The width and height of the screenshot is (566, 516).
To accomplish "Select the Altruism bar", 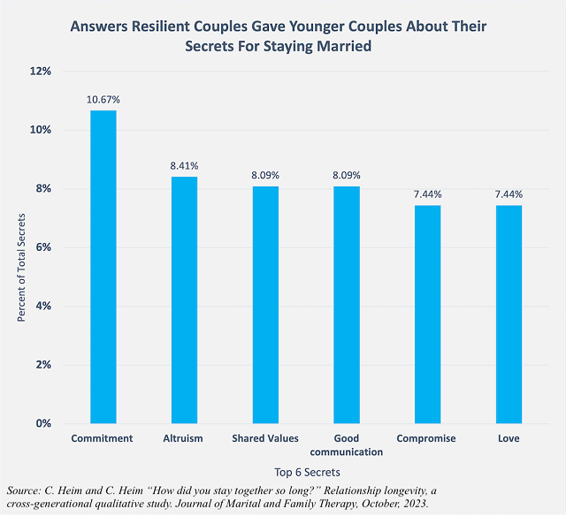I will pos(184,300).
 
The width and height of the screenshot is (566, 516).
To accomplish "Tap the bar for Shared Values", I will pos(265,305).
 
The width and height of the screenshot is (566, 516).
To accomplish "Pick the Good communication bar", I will pos(347,305).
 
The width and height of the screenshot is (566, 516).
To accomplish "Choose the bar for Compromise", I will pos(428,315).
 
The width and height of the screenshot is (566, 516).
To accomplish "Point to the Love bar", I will pos(509,315).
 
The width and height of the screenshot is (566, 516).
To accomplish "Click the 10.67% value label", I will pos(103,100).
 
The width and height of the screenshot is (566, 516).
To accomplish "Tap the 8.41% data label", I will pos(184,166).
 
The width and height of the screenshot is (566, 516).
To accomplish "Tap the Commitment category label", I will pos(103,438).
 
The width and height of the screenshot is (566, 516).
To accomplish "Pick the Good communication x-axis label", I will pos(347,444).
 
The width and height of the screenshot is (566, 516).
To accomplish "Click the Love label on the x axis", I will pos(509,438).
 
